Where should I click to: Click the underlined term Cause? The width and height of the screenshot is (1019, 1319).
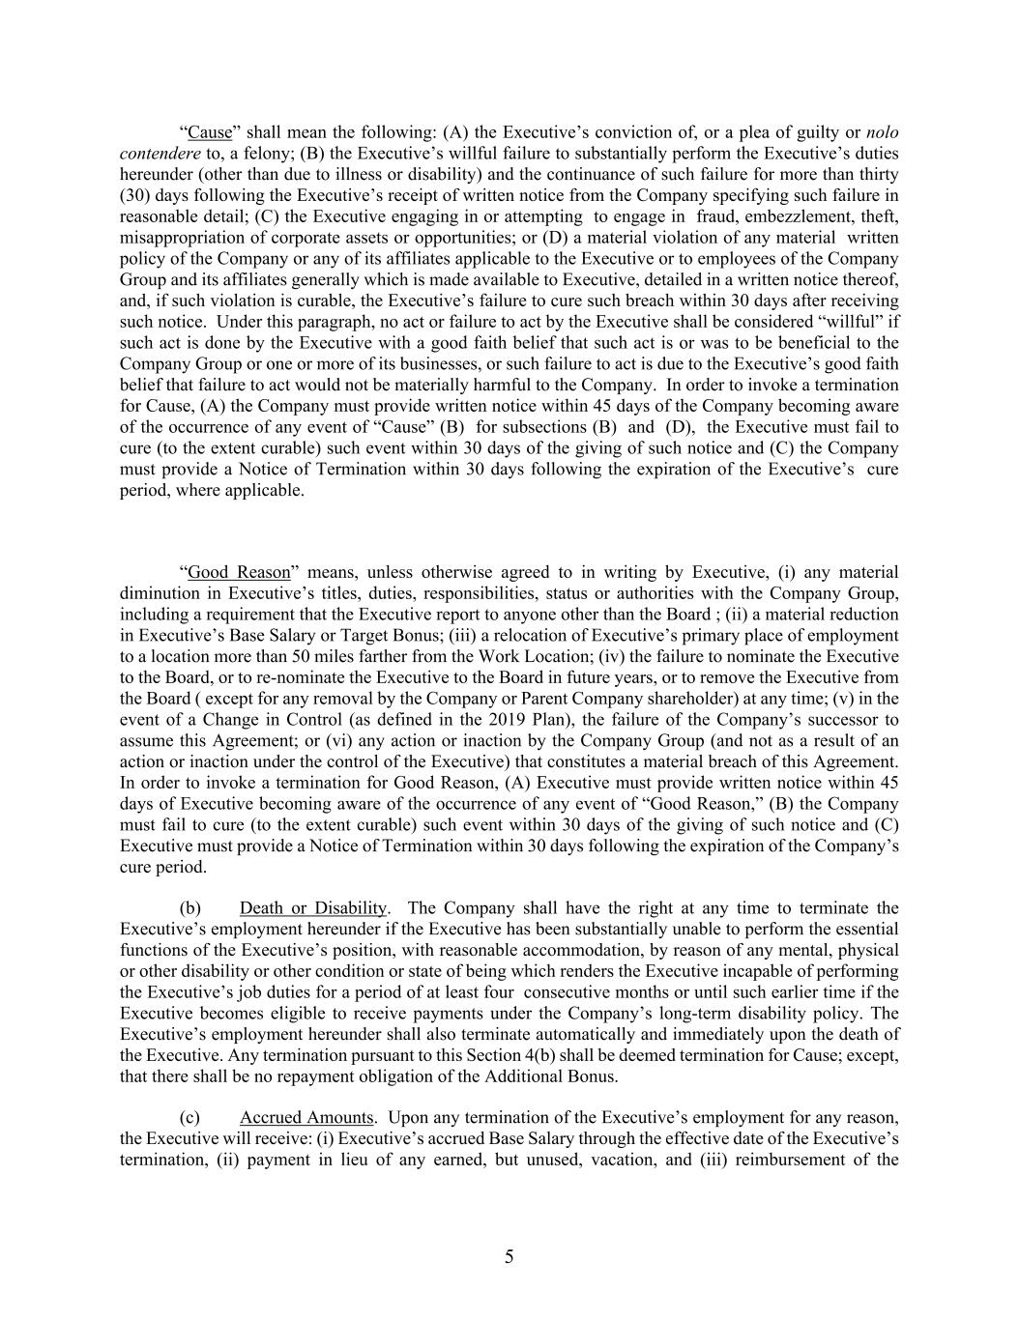pos(210,132)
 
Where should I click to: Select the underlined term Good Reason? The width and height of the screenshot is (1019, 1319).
pos(239,572)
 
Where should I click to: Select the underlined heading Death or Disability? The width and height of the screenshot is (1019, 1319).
pos(313,908)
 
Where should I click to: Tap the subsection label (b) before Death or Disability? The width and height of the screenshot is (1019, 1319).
pos(191,908)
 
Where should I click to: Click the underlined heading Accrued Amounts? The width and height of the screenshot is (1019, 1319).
pos(306,1118)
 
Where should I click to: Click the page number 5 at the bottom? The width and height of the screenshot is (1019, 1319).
pos(509,1257)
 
